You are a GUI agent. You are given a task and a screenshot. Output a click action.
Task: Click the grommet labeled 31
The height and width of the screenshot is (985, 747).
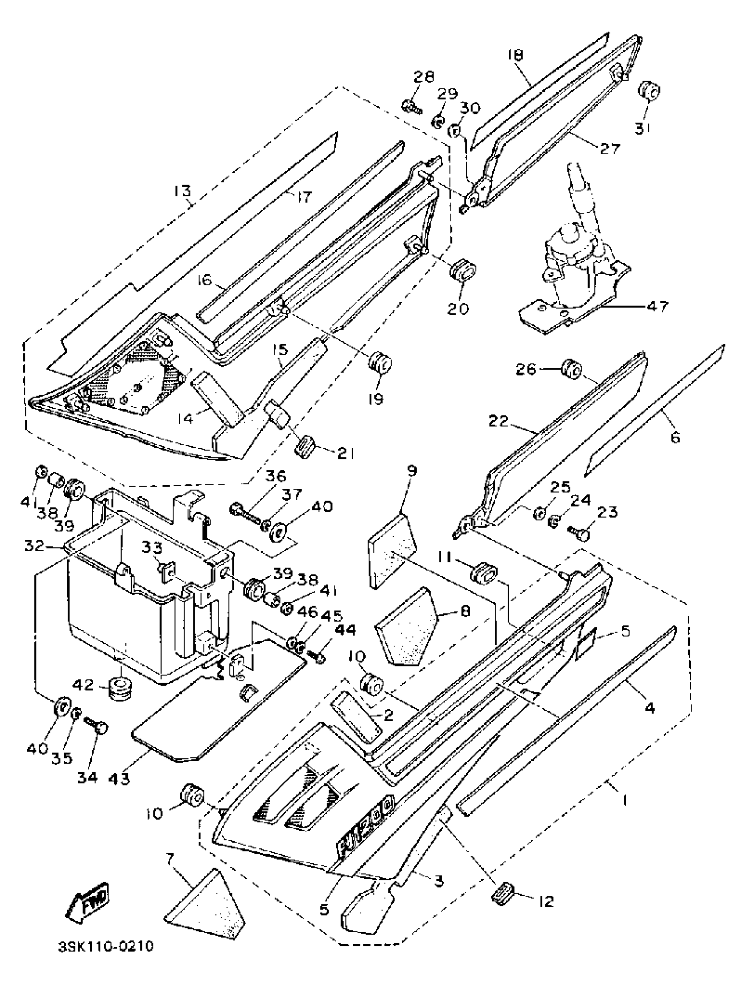[x=649, y=92]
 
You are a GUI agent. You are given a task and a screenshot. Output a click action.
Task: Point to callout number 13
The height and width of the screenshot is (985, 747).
[x=182, y=192]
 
